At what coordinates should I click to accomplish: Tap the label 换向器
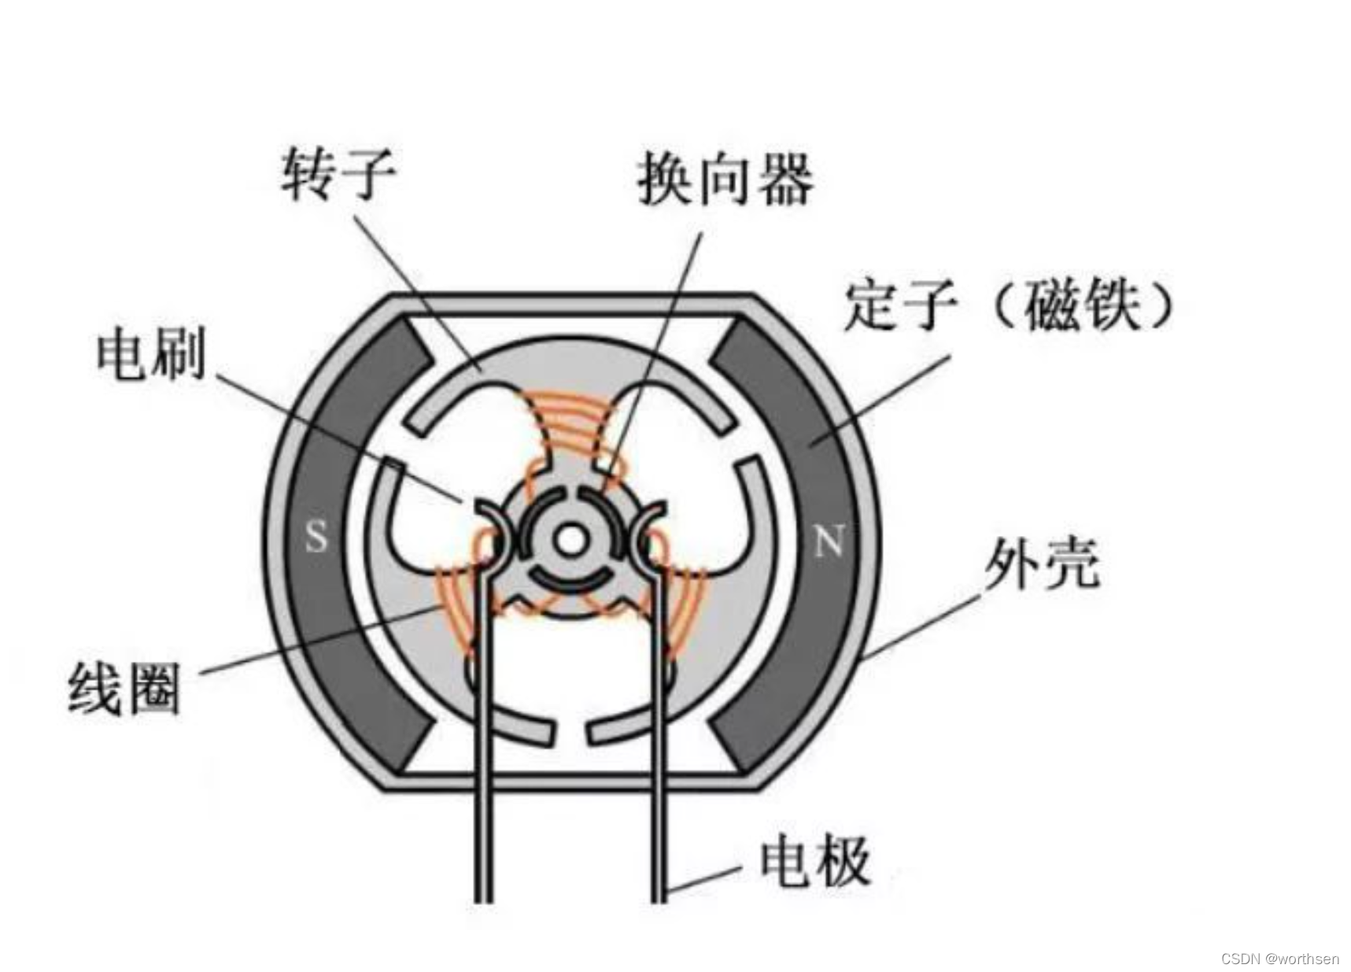point(725,180)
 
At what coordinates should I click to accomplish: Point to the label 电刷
point(151,355)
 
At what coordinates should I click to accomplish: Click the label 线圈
point(124,689)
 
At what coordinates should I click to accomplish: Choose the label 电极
point(814,861)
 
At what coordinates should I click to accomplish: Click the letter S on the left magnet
point(316,537)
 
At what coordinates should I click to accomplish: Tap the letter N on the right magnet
point(829,541)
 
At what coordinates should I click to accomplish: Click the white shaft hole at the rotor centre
point(570,540)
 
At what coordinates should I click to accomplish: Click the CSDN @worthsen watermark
point(1279,959)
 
